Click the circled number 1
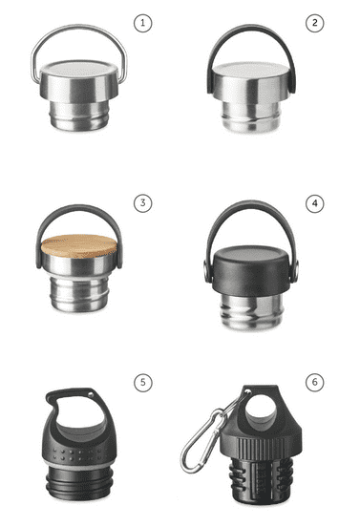point(142,24)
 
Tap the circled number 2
point(315,24)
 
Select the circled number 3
point(142,203)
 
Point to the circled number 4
point(315,203)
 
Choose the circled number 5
point(143,383)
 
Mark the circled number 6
point(315,383)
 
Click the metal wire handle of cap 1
point(79,26)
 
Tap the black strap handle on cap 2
point(252,27)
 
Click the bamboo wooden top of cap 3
point(79,246)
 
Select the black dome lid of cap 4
point(251,271)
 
